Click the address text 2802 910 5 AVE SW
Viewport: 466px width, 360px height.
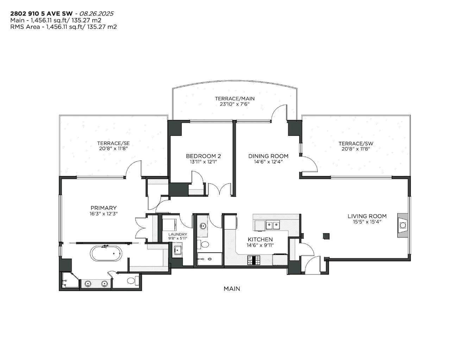(x=41, y=14)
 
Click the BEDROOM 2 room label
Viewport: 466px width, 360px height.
(x=203, y=156)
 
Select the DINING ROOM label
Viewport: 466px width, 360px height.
(x=268, y=156)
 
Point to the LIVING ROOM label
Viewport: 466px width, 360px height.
(x=367, y=216)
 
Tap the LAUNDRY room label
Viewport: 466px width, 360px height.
(x=177, y=234)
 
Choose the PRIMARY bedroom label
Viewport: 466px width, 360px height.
(x=103, y=208)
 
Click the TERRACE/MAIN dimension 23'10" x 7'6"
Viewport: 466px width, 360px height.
(x=234, y=104)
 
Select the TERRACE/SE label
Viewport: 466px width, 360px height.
(x=113, y=143)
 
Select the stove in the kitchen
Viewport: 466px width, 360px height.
(x=254, y=260)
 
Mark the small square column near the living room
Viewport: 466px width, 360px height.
(x=326, y=236)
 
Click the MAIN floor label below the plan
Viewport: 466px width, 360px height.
(x=232, y=289)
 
